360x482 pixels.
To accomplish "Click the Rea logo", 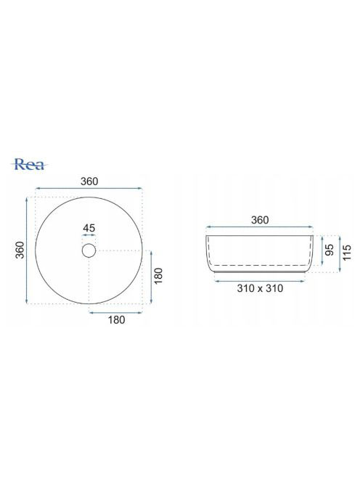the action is pos(30,165).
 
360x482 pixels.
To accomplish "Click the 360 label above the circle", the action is pos(89,181).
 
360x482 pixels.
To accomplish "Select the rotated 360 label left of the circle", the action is pos(20,250).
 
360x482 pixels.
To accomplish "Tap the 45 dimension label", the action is pos(89,228).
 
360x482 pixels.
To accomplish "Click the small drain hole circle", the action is pos(89,250).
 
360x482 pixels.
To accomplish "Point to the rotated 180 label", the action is pos(158,276).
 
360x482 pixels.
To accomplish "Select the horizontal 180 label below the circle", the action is pos(117,320).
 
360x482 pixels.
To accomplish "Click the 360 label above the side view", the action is pos(260,220).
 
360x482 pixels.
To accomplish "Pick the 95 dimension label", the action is pos(330,250).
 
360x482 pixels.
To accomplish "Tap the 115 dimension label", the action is pos(347,253).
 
